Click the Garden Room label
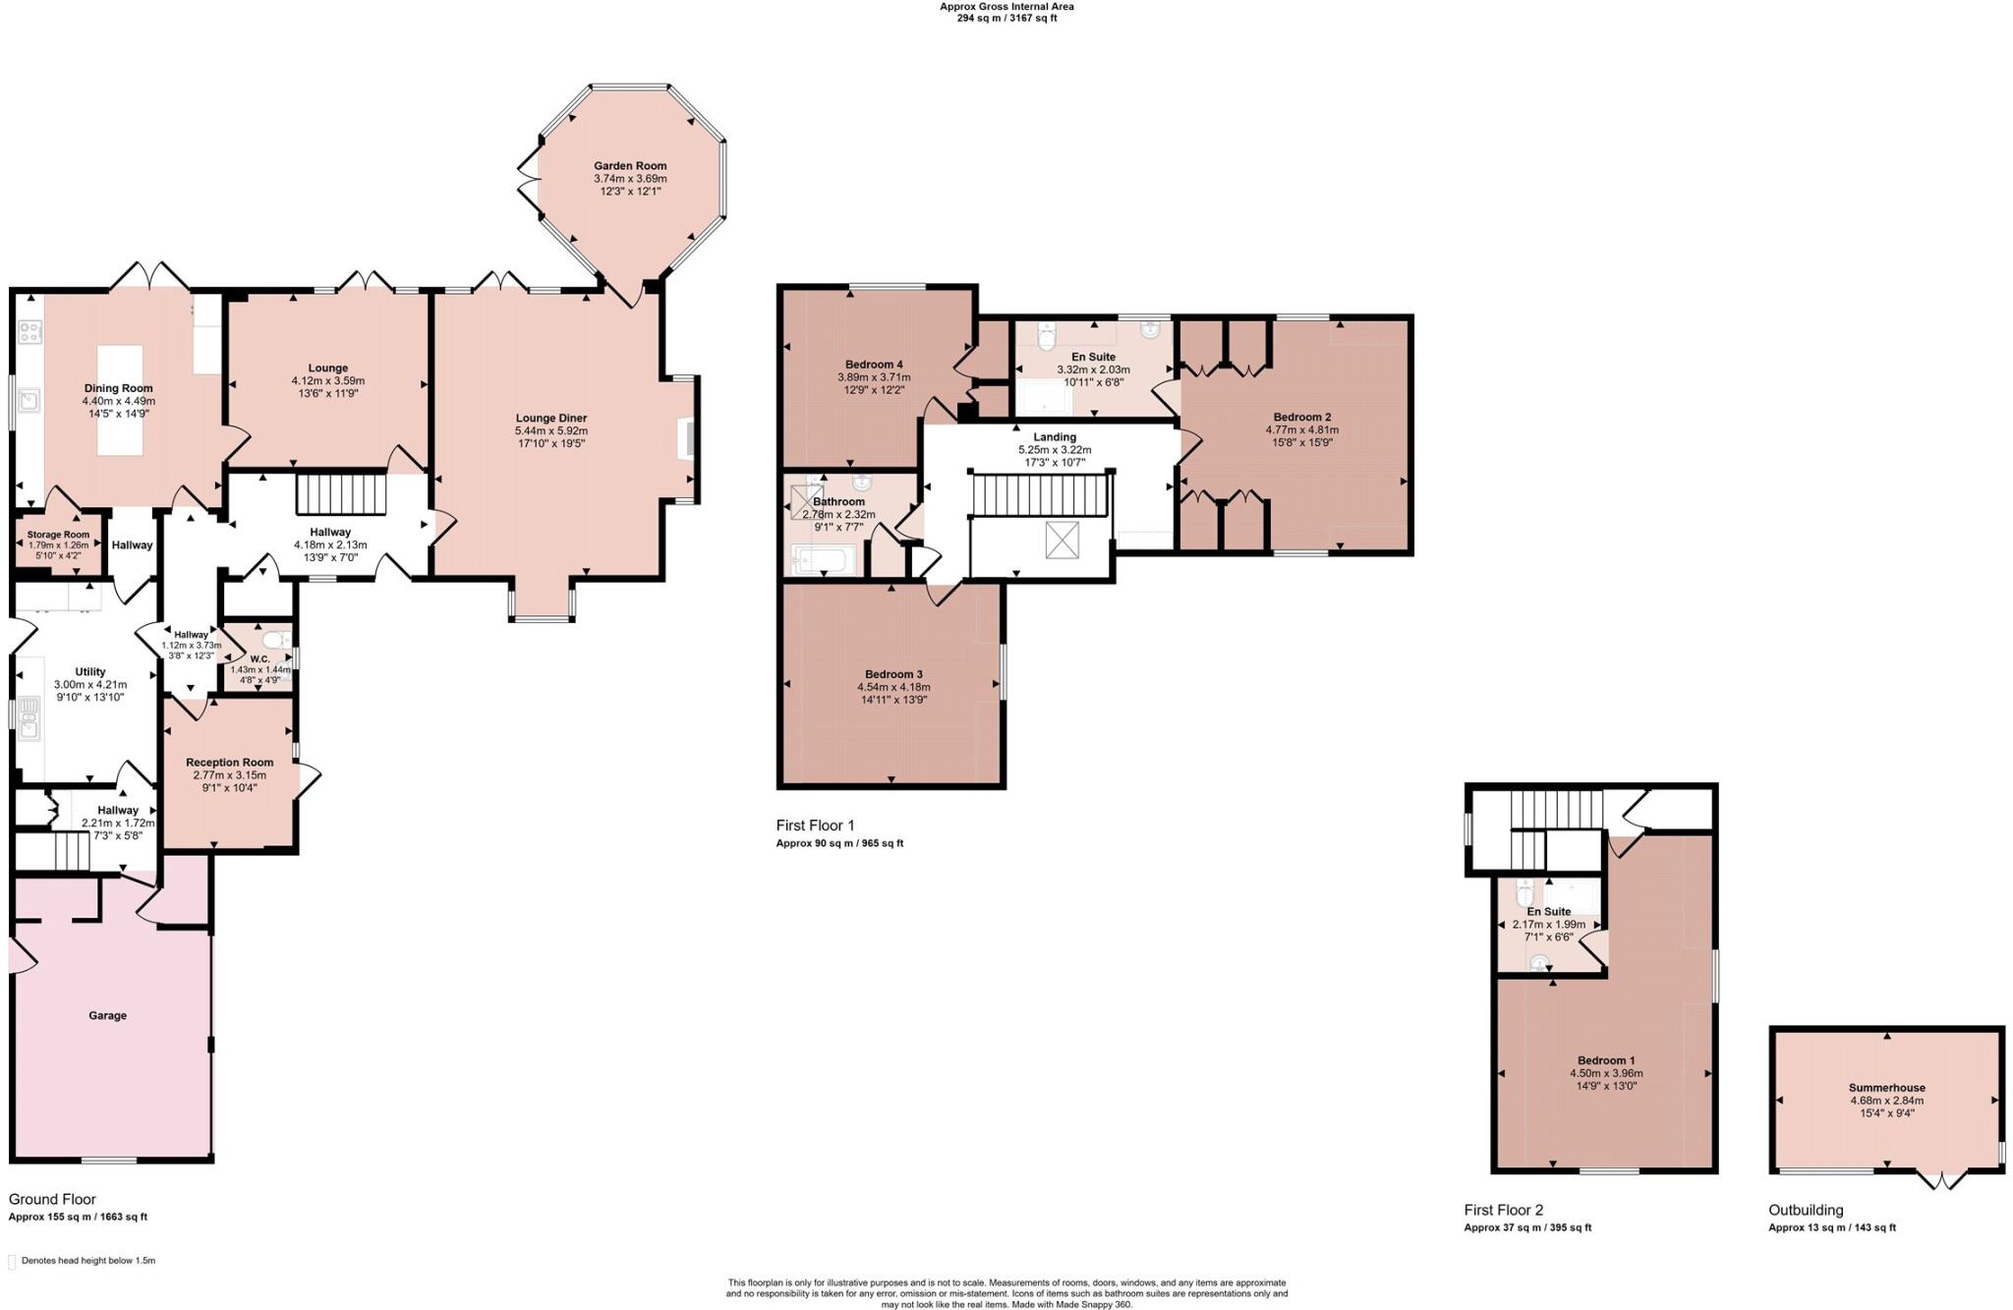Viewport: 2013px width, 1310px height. coord(629,166)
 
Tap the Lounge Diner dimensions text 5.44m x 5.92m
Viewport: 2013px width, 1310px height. coord(550,430)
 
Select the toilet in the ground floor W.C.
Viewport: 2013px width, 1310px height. coord(277,640)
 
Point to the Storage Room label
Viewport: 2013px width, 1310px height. coord(58,535)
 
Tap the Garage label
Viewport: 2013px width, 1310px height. coord(107,1015)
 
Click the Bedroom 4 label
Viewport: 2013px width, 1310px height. coord(874,365)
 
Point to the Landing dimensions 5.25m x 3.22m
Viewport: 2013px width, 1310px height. coord(1055,450)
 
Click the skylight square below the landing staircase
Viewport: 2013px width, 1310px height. coord(1062,541)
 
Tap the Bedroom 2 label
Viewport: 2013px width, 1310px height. coord(1301,417)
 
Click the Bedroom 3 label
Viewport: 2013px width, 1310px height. coord(893,674)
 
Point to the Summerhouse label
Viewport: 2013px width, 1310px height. coord(1886,1088)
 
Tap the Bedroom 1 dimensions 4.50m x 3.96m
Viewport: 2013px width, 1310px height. coord(1606,1073)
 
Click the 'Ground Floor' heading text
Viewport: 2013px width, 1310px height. coord(52,1199)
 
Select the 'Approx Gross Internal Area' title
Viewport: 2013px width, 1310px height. coord(1006,6)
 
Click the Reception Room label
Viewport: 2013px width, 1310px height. coord(229,763)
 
